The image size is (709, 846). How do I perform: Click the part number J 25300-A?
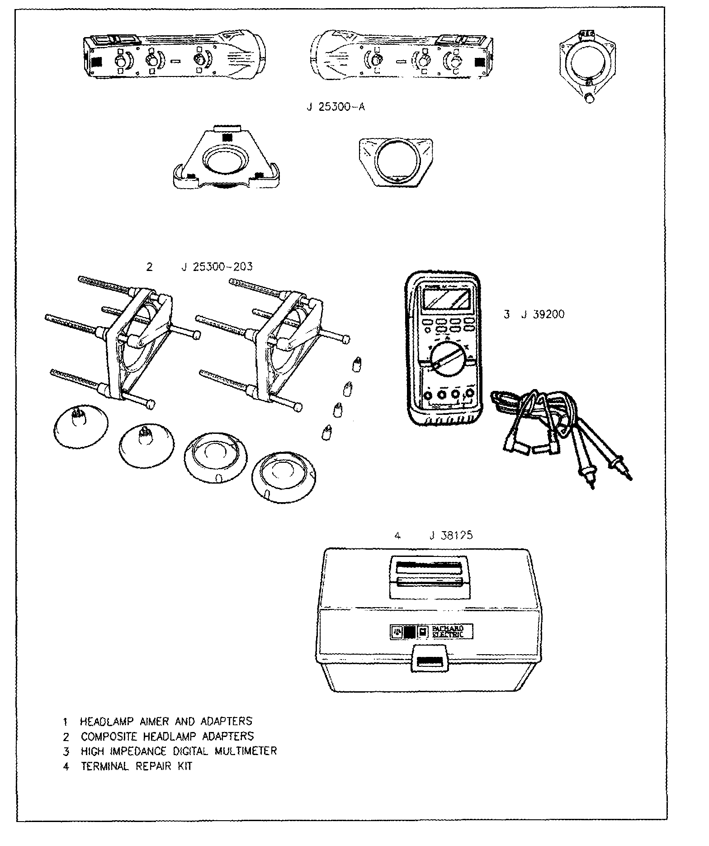click(335, 108)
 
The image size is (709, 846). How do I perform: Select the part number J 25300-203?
click(217, 267)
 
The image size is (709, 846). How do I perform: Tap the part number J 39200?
click(543, 314)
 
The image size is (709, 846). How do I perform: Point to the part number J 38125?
click(450, 535)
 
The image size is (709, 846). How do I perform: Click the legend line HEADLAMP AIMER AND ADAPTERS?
click(165, 721)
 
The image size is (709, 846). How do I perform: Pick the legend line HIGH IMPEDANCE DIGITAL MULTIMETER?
click(178, 751)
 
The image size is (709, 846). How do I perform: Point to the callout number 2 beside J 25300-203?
click(150, 267)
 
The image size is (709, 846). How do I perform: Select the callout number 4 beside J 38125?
click(397, 536)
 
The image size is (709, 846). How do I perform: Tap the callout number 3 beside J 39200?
click(507, 314)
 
